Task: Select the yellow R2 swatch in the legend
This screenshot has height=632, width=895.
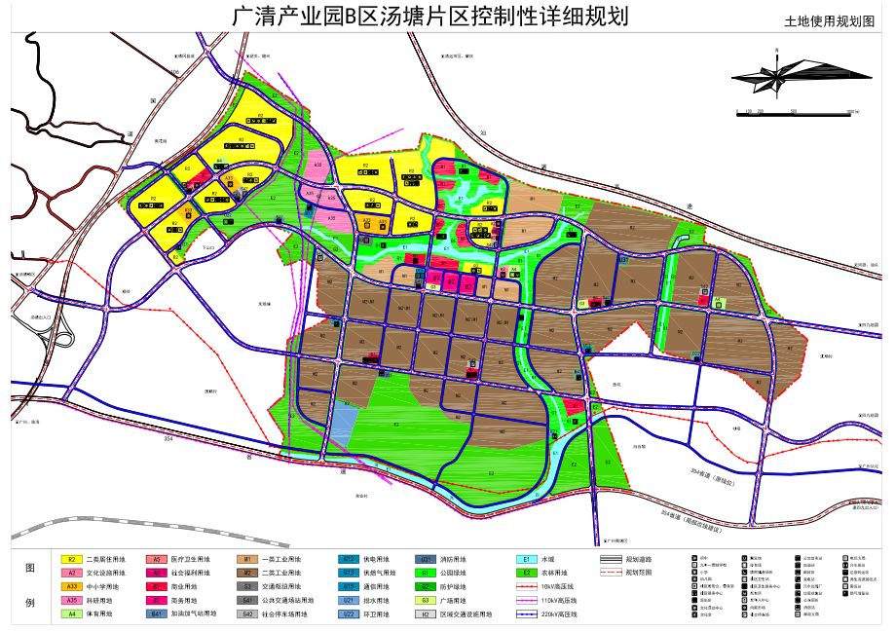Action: (71, 560)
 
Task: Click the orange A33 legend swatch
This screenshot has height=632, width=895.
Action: (71, 587)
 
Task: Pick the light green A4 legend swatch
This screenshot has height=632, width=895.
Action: (71, 614)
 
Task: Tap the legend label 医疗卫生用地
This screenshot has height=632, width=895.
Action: (191, 560)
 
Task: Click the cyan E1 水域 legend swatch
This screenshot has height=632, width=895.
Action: (526, 560)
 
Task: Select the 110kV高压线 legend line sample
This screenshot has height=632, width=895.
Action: (526, 601)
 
